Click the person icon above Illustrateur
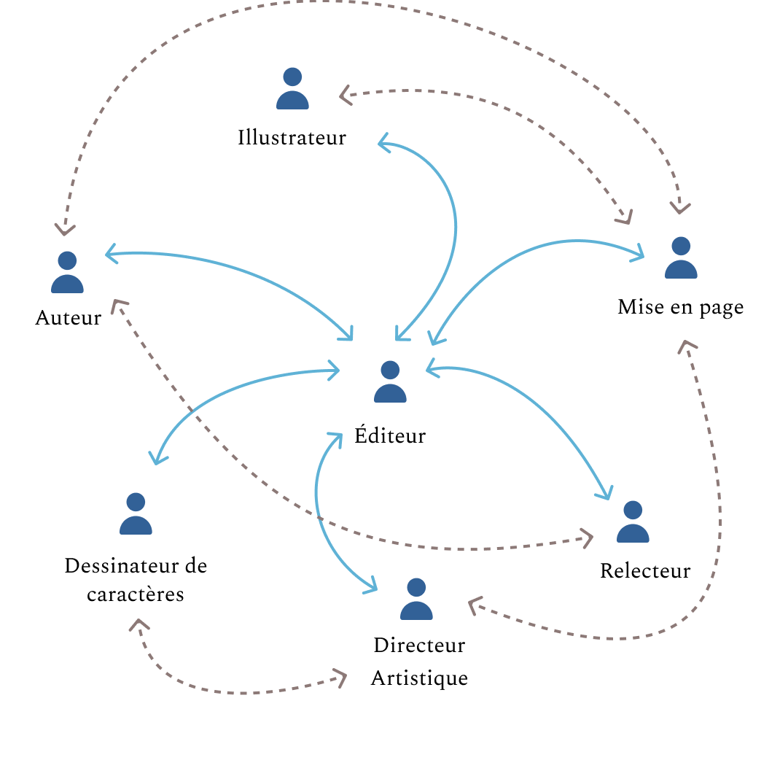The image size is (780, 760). pos(292,89)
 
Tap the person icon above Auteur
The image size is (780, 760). pos(67,273)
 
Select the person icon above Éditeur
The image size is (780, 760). pos(390,382)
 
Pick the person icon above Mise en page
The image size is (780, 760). pos(681,258)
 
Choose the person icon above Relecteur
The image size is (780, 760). pos(633,522)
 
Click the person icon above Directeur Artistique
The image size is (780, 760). pos(416,600)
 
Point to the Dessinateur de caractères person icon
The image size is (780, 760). pos(136,514)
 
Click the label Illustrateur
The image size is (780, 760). pos(292,137)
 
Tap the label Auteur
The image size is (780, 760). pos(68,318)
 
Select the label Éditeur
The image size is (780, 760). pos(390,435)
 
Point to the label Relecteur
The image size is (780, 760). pos(644,570)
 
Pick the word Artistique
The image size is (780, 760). pos(419,678)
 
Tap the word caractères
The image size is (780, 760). pos(136,594)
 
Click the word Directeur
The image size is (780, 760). pos(419,645)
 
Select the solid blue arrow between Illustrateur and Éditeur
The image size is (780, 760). pos(455,226)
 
